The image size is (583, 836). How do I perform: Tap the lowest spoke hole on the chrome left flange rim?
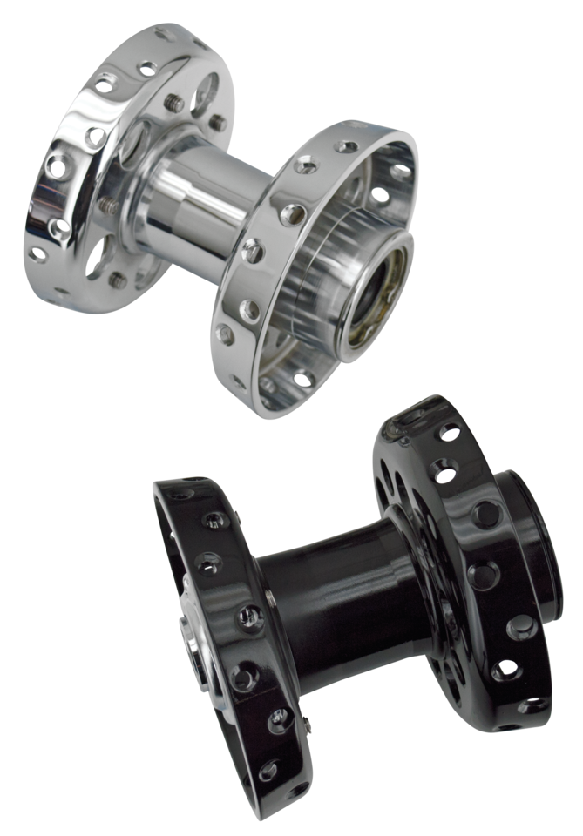(x=38, y=254)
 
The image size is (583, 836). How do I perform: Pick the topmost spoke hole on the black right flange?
(x=449, y=431)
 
